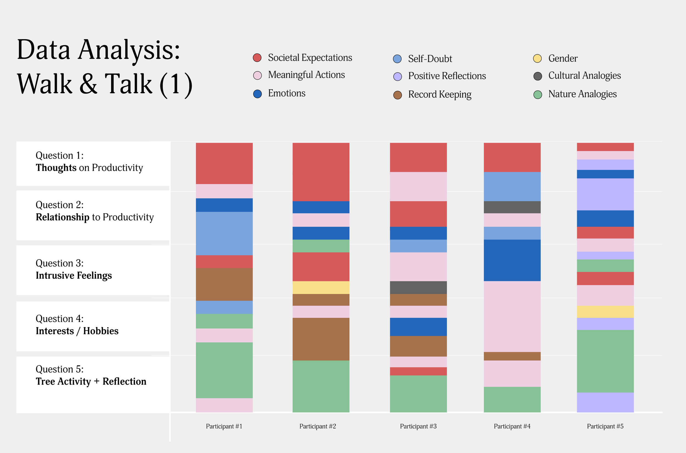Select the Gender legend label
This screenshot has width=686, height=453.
tap(563, 59)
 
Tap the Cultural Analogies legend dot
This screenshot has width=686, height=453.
tap(538, 76)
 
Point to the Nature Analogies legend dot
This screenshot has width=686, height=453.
tap(538, 95)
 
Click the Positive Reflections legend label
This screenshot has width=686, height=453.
tap(447, 76)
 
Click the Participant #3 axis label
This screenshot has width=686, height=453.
tap(418, 426)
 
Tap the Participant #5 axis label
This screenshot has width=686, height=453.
tap(605, 426)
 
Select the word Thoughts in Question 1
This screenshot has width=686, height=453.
tap(56, 168)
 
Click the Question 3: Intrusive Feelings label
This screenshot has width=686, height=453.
tap(74, 270)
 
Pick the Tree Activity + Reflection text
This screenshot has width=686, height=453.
tap(91, 382)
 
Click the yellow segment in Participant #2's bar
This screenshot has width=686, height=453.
tap(321, 288)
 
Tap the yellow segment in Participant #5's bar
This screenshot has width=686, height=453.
tap(605, 312)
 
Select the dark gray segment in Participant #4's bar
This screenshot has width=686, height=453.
tap(512, 207)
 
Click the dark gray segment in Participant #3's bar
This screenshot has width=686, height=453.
tap(418, 288)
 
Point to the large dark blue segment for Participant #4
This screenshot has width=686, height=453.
tap(512, 260)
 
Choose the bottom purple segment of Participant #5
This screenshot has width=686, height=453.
tap(605, 402)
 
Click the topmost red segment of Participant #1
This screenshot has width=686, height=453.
tap(224, 163)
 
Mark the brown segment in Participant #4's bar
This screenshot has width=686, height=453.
tap(512, 356)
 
